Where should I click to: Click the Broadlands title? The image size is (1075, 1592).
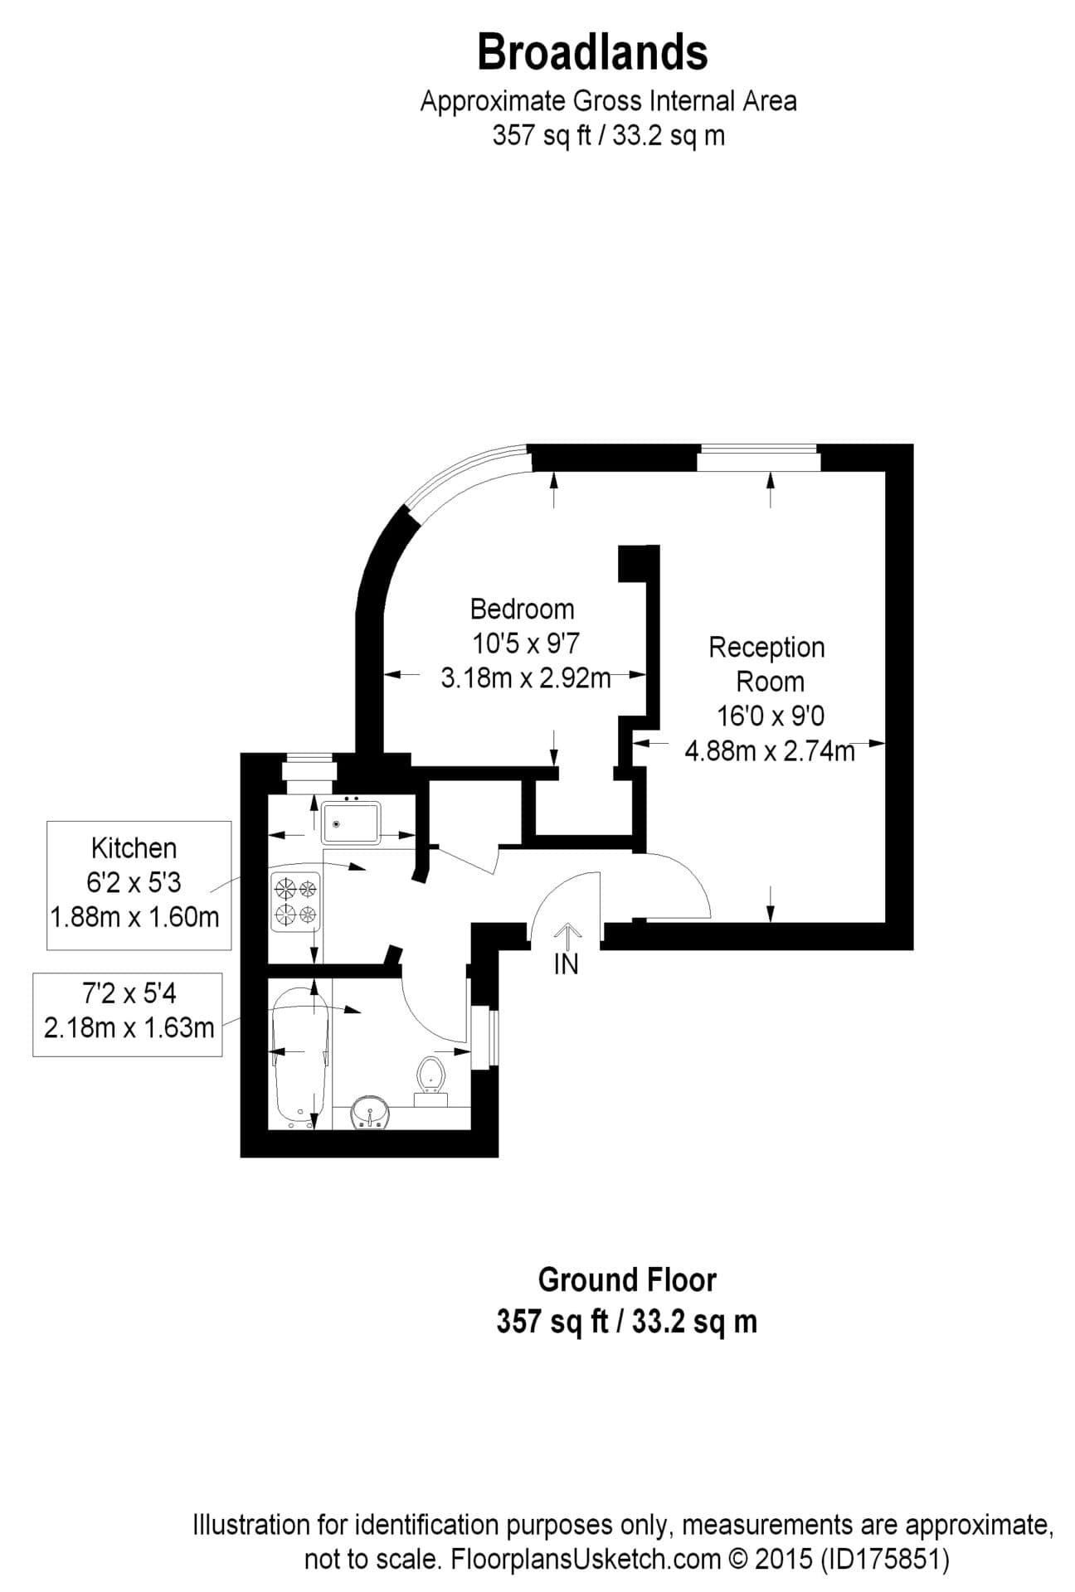[x=592, y=52]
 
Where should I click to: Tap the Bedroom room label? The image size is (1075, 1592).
[x=522, y=609]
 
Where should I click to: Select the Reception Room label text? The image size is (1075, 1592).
[x=766, y=663]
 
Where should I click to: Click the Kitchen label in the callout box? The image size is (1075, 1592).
[x=134, y=848]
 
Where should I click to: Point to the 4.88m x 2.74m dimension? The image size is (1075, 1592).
[x=769, y=751]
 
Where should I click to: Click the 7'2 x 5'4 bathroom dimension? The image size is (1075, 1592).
[x=129, y=993]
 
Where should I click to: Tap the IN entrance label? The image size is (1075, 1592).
[x=566, y=964]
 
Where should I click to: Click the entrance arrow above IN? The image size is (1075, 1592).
[x=567, y=935]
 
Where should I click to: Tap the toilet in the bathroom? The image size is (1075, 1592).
[x=431, y=1079]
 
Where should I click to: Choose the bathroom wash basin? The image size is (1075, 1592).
[x=369, y=1112]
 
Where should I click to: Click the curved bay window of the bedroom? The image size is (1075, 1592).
[x=461, y=482]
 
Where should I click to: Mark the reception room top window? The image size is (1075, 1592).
[x=758, y=458]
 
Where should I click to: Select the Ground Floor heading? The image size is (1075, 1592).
[x=626, y=1279]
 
